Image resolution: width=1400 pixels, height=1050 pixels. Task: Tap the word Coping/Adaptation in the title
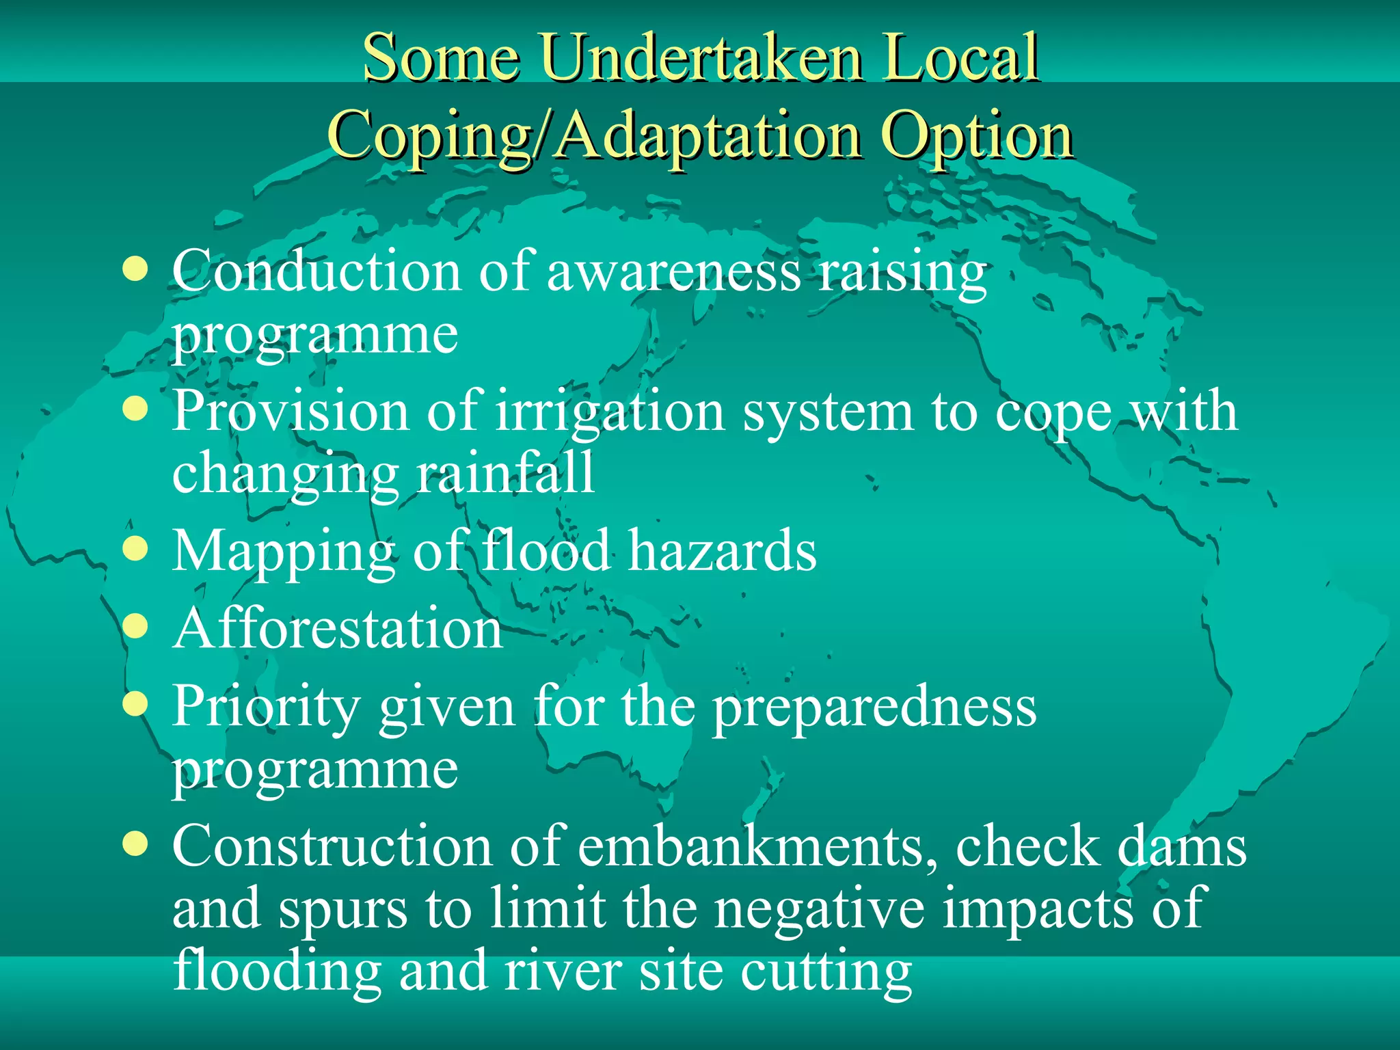point(593,135)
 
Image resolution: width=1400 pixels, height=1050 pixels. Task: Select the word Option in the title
point(977,135)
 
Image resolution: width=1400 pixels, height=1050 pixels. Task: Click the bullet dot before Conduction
point(136,269)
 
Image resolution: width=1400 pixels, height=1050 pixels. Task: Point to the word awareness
point(673,271)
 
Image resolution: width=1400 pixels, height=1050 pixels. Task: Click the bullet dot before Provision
point(136,409)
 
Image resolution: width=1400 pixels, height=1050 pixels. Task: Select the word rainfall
point(505,473)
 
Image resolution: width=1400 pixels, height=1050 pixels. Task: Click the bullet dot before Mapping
point(136,548)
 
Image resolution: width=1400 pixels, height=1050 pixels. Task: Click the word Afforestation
point(338,629)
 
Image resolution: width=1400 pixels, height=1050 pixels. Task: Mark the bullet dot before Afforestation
point(136,625)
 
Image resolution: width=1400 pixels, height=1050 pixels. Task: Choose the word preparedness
point(874,708)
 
